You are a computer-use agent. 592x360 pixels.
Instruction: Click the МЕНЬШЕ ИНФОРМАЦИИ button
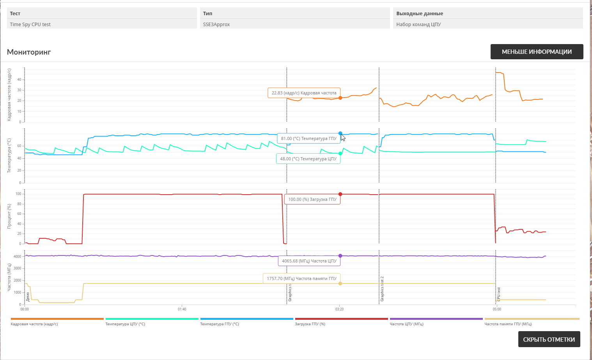coord(537,51)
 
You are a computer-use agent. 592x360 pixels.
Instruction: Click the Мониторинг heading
coord(29,52)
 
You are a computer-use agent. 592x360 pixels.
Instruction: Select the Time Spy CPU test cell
coord(30,24)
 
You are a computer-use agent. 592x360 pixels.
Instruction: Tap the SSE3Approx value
coord(216,24)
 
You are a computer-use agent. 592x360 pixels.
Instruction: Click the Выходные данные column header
coord(420,13)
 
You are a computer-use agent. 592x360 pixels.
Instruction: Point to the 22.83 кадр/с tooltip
coord(304,93)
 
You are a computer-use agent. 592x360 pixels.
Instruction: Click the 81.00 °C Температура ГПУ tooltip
coord(308,138)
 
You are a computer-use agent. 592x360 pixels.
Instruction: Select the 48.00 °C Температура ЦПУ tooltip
coord(308,159)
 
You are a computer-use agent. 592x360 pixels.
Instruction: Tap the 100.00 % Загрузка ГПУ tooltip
coord(312,199)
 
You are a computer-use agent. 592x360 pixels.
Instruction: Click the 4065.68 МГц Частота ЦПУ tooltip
coord(309,261)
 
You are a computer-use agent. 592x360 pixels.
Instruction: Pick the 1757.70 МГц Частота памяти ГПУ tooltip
coord(301,278)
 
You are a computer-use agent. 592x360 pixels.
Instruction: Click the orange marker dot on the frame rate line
coord(340,98)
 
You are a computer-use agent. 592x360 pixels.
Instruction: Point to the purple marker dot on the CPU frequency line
coord(340,256)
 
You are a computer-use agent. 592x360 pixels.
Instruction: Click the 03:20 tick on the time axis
coord(339,309)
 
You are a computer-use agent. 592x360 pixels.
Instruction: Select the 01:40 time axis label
coord(182,309)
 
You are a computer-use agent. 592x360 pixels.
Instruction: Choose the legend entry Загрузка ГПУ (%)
coord(310,324)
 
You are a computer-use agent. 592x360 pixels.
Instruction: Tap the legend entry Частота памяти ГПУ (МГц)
coord(508,324)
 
